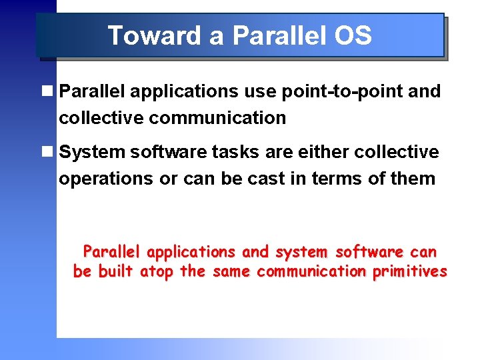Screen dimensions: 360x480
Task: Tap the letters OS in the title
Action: point(353,35)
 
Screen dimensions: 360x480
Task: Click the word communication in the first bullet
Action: point(217,118)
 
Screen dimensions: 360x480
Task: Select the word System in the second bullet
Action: point(93,152)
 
